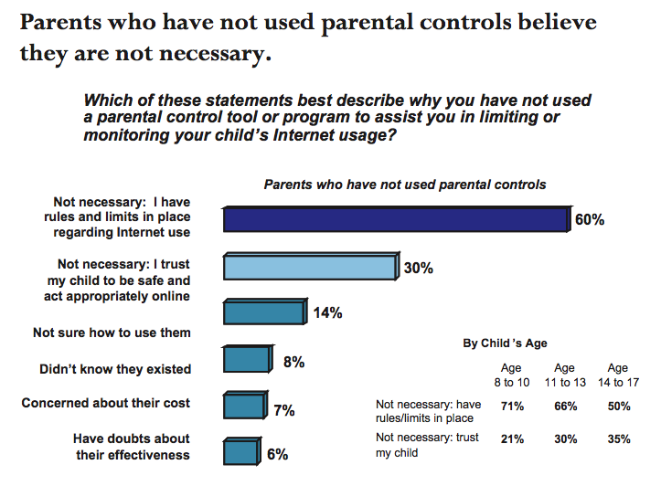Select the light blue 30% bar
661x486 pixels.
[310, 266]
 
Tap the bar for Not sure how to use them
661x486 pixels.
[263, 312]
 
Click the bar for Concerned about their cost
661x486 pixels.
[242, 406]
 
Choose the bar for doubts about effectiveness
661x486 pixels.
[240, 451]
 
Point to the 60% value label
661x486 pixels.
[590, 220]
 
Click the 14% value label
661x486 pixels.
[327, 313]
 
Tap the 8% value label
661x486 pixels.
[293, 362]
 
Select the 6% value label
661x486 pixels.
[278, 454]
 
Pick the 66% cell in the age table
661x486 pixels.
[567, 404]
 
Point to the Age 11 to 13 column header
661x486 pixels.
[566, 374]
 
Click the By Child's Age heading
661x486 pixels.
[506, 343]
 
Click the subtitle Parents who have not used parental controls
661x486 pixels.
[404, 185]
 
